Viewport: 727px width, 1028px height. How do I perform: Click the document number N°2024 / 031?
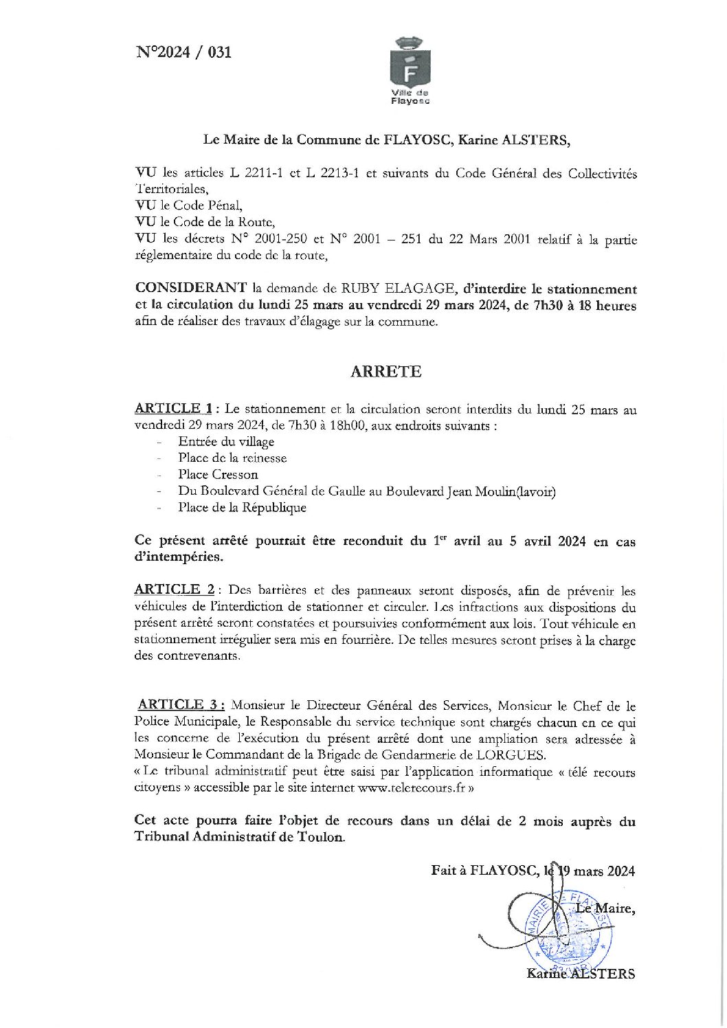[x=183, y=52]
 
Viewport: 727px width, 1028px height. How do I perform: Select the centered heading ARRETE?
[x=385, y=372]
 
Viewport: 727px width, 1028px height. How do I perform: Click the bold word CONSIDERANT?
[x=190, y=289]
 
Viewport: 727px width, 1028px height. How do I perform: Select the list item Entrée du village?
[x=226, y=442]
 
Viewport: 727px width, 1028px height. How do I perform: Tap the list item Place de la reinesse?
[x=232, y=458]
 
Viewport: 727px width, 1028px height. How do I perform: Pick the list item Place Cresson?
[x=218, y=475]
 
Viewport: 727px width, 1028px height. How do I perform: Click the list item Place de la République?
[x=242, y=508]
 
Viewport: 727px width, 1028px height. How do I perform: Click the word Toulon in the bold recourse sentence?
[x=320, y=837]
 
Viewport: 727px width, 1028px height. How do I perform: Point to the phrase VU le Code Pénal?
[x=188, y=205]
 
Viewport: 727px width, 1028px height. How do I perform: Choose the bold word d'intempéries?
[x=179, y=557]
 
